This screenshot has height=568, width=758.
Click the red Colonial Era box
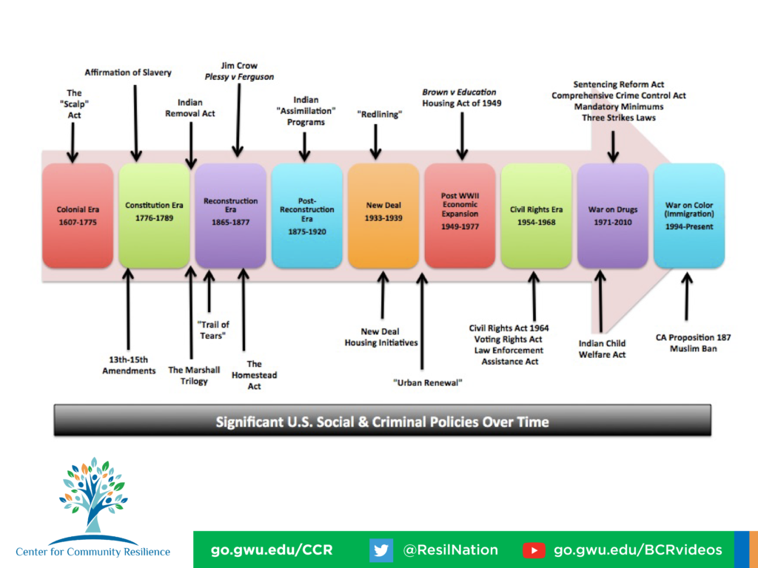tap(77, 215)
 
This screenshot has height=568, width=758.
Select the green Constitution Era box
tap(154, 215)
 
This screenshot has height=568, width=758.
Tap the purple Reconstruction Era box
tap(230, 215)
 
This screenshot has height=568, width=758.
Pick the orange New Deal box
tap(383, 215)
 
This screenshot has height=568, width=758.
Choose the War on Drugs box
tap(612, 215)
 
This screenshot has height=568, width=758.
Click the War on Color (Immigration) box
tap(688, 215)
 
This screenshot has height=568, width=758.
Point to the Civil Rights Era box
tap(536, 215)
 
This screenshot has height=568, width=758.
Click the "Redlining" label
tap(379, 115)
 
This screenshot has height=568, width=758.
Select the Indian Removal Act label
tap(190, 108)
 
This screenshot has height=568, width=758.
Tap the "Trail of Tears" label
tap(213, 330)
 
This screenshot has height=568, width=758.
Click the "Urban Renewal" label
tap(427, 382)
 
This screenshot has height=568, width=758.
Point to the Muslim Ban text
tap(693, 348)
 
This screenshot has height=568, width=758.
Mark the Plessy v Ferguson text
tap(239, 77)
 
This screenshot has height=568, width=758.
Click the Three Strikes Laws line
tap(618, 118)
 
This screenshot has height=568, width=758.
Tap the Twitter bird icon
tap(381, 550)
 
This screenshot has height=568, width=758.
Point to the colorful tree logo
tap(93, 496)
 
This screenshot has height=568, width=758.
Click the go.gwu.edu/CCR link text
tap(272, 550)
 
